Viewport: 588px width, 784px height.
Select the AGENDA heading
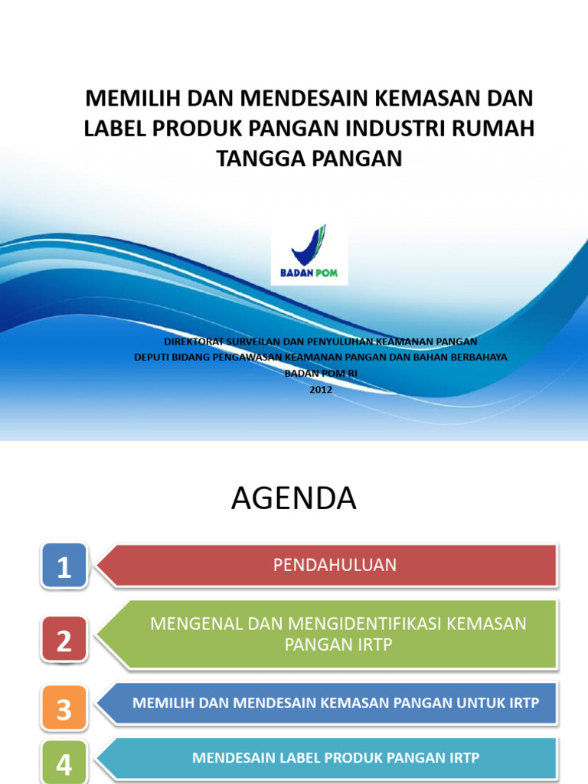[294, 499]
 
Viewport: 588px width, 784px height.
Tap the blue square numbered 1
[64, 567]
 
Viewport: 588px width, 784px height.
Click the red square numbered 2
[64, 640]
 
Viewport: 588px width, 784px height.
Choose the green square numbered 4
[64, 763]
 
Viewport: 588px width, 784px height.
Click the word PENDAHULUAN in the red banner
[335, 565]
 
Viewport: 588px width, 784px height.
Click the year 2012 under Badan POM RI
[321, 388]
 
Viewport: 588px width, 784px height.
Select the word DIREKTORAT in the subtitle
[194, 341]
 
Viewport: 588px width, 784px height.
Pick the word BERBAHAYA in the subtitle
[479, 358]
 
